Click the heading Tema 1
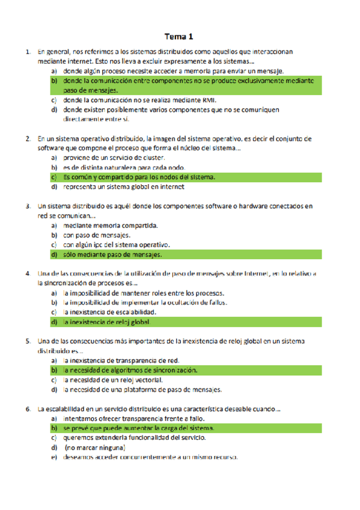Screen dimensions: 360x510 tap(180, 36)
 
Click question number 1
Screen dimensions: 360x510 tap(28, 52)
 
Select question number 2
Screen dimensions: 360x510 tap(28, 138)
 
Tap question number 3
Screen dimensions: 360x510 tap(28, 206)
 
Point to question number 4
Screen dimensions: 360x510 tap(28, 274)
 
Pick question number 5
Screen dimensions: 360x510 tap(28, 341)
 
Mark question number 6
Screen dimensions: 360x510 tap(28, 409)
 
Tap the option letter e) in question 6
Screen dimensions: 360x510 tap(53, 457)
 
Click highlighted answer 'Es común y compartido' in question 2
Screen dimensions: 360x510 tap(138, 177)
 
